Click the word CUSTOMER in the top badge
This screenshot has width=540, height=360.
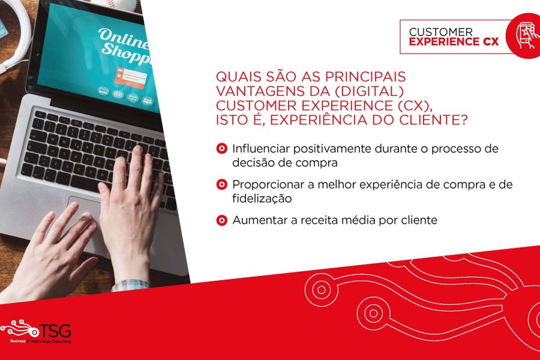(x=441, y=32)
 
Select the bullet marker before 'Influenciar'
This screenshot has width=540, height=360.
(x=222, y=148)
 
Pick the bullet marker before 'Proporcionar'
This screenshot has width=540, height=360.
(x=222, y=184)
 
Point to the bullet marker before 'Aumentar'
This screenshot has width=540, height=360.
(x=222, y=220)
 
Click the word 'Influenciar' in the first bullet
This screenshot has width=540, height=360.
(x=261, y=148)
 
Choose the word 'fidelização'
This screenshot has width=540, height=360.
(x=262, y=199)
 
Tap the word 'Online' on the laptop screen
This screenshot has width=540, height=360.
(x=123, y=38)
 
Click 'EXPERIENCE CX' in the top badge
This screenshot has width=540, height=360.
(x=454, y=41)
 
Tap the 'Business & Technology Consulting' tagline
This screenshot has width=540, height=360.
(x=41, y=341)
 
